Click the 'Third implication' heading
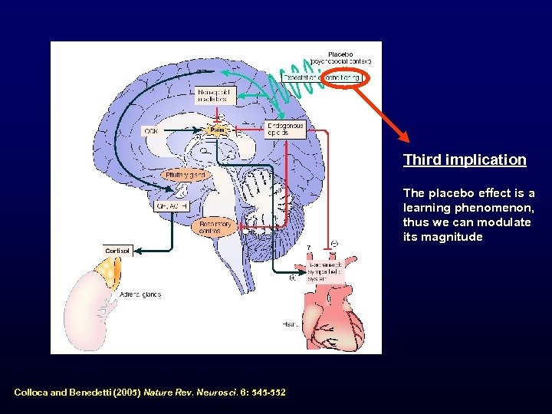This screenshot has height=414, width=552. tap(465, 160)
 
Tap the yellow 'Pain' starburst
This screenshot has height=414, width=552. tap(217, 130)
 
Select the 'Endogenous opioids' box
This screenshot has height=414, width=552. tap(285, 129)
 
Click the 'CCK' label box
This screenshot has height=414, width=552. tap(152, 131)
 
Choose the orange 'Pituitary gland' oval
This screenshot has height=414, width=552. tap(186, 175)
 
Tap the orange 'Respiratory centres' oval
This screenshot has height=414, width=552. tap(215, 228)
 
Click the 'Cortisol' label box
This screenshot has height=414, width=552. tap(117, 250)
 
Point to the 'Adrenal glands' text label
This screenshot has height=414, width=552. tap(140, 294)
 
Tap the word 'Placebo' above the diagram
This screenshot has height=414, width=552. tap(340, 54)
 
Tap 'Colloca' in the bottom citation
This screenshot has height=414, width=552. tap(31, 393)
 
